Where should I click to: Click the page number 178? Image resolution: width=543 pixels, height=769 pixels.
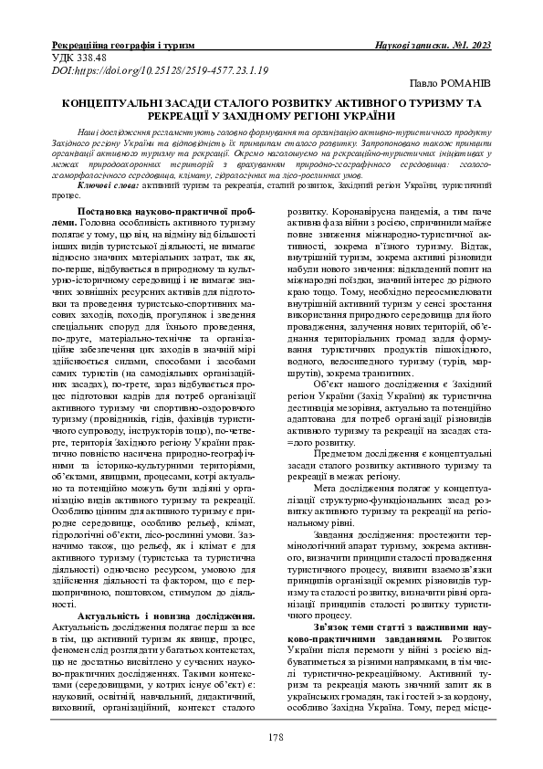(x=271, y=737)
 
